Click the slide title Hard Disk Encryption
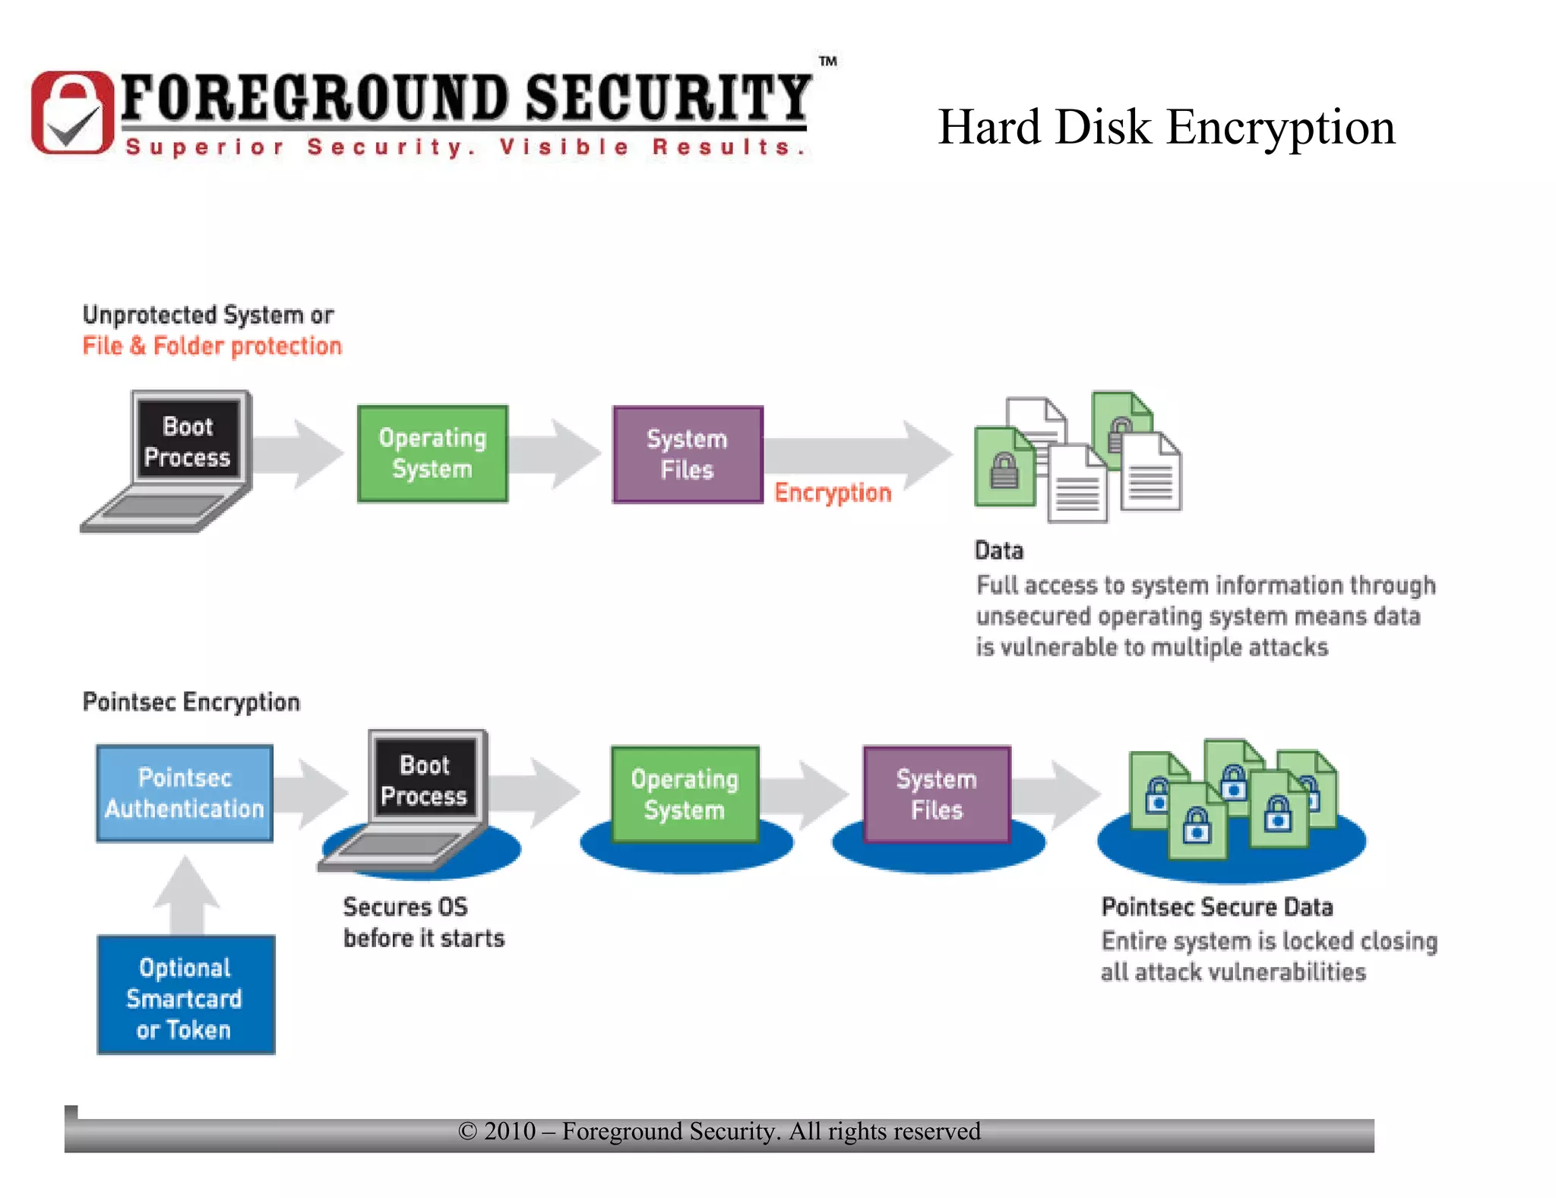click(1165, 127)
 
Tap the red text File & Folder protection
click(212, 346)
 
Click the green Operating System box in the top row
click(432, 453)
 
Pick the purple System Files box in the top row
click(688, 454)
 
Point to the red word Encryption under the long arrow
click(832, 493)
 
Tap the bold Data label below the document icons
click(998, 550)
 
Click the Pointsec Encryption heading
click(191, 702)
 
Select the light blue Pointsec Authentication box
click(185, 793)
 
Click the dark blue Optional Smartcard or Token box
click(185, 995)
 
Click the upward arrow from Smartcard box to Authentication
click(187, 894)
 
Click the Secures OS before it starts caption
click(423, 922)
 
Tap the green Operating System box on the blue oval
click(685, 794)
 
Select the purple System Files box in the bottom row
click(936, 794)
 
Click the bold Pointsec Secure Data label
click(1216, 907)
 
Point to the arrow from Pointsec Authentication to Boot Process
click(312, 793)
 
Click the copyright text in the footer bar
click(719, 1131)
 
